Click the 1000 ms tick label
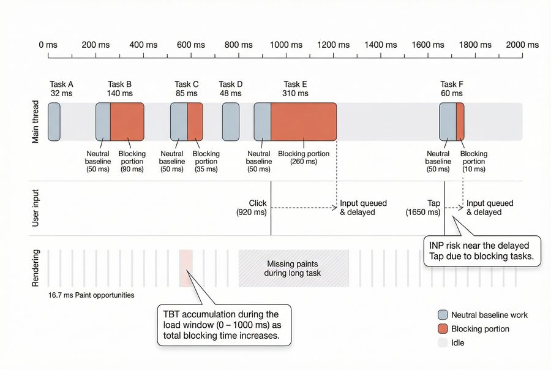pos(287,45)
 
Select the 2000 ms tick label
pos(522,45)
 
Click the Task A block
pos(54,122)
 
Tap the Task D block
pos(231,122)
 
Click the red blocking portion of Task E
pos(304,122)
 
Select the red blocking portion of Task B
pos(127,122)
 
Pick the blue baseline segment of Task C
pos(179,122)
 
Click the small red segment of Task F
pos(460,122)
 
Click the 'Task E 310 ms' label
pos(296,89)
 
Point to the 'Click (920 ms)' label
pos(252,208)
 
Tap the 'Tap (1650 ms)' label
pos(422,208)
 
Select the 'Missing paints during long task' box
pos(293,268)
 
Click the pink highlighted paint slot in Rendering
pos(186,268)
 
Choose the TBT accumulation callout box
pos(224,324)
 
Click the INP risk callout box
pos(482,251)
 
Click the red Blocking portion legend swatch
pos(443,329)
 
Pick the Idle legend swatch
pos(443,342)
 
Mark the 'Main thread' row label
pos(36,123)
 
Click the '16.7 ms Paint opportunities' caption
pos(91,295)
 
